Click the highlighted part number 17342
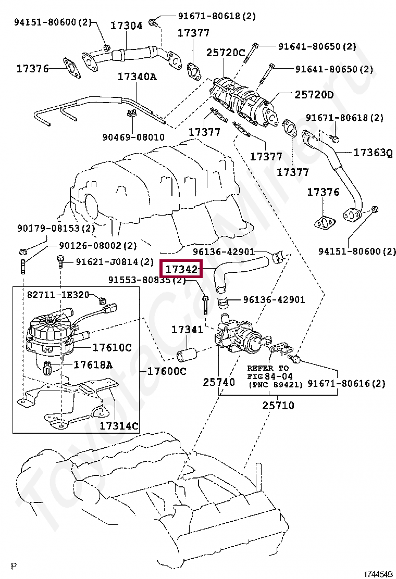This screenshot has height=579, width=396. (182, 270)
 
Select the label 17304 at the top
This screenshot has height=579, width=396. (126, 26)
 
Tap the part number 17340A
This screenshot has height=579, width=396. (137, 77)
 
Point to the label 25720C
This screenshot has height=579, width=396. (226, 53)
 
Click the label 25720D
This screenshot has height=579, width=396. (314, 95)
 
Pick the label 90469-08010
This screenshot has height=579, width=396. (133, 137)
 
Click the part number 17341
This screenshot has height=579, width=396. (187, 330)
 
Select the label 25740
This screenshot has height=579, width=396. (219, 382)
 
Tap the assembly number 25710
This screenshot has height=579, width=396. (278, 405)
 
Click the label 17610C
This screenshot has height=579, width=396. (112, 347)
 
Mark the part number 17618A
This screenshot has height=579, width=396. (93, 364)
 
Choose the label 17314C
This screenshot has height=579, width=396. (119, 426)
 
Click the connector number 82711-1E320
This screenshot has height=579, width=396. (58, 295)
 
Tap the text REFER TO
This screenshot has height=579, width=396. (268, 368)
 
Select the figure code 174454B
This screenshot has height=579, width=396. (378, 574)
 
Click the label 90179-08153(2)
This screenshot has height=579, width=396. (56, 228)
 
